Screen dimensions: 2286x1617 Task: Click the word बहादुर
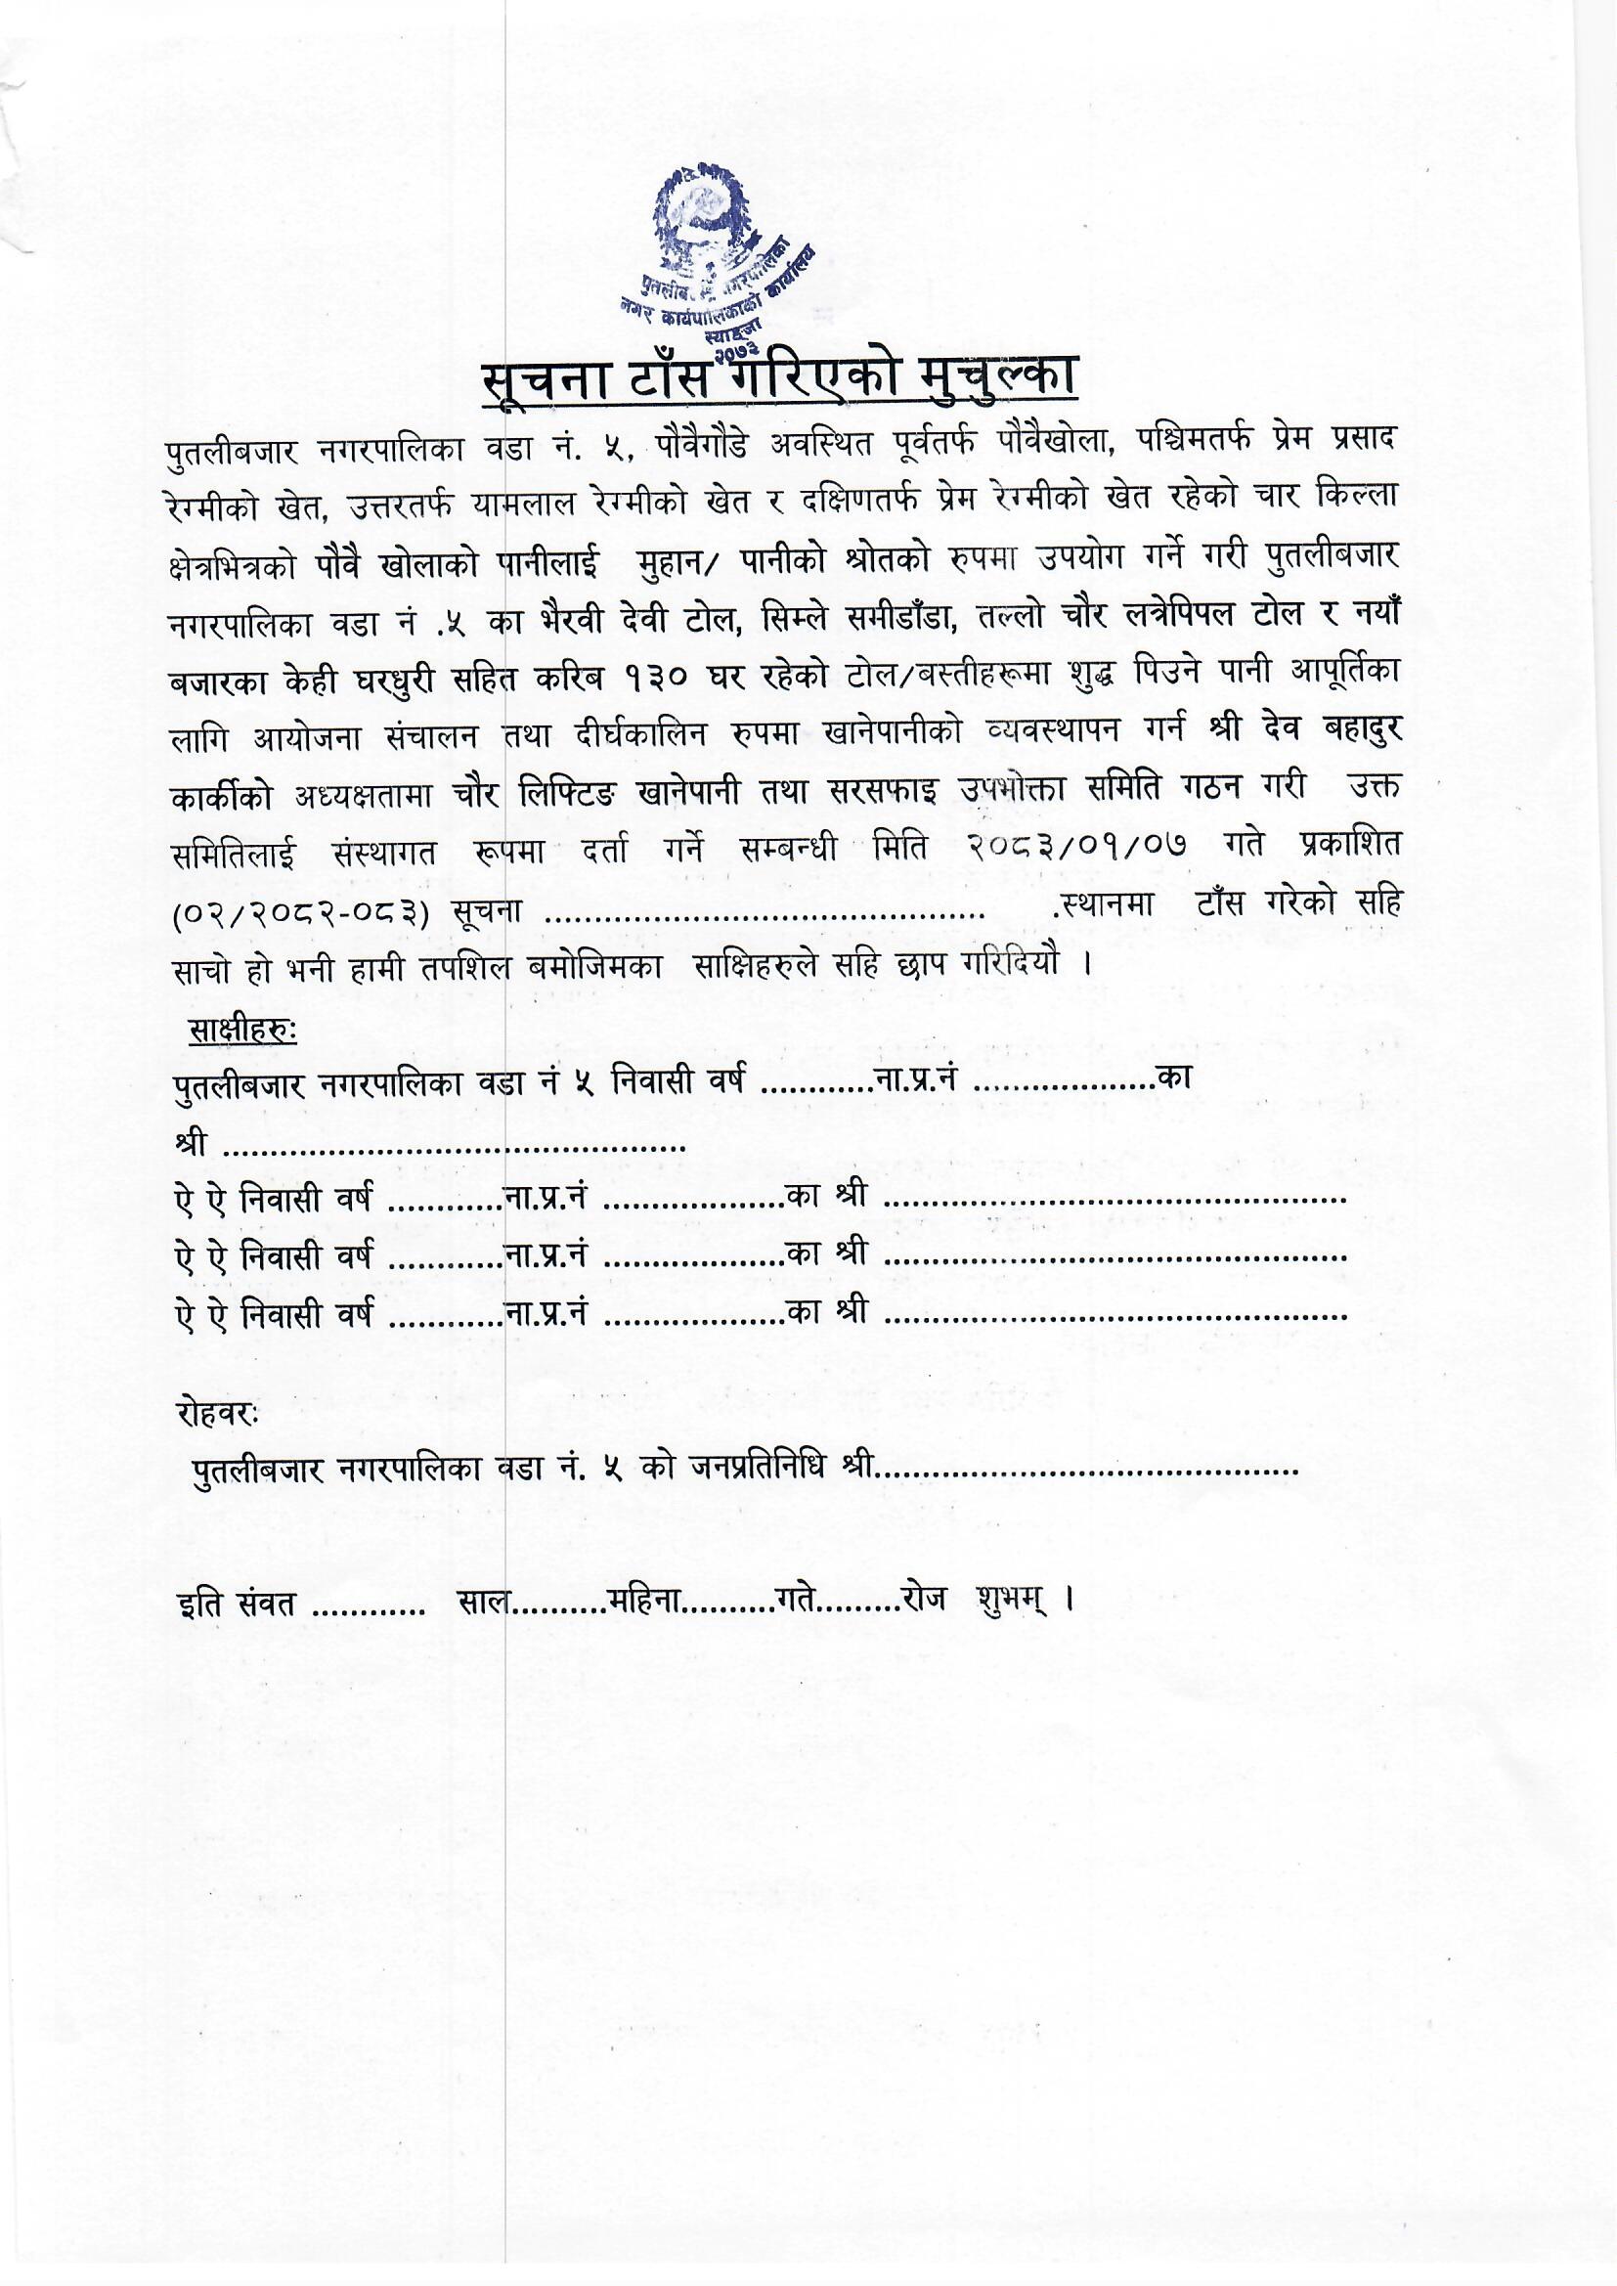(1351, 730)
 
